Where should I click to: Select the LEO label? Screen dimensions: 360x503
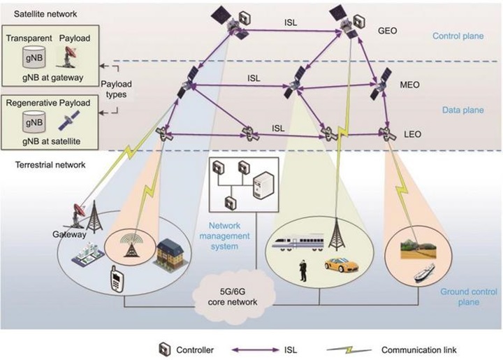411,131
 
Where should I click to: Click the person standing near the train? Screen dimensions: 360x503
303,270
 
